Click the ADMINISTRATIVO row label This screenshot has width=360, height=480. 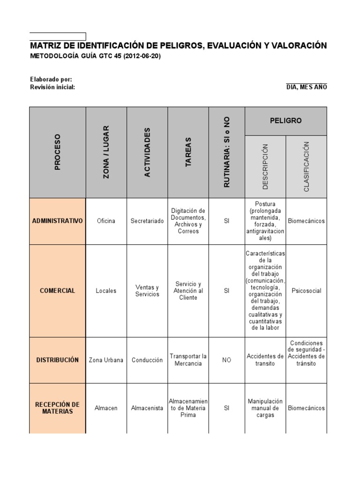(x=58, y=221)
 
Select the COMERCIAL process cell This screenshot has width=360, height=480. (x=58, y=291)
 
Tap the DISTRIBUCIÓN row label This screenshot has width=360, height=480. (x=58, y=360)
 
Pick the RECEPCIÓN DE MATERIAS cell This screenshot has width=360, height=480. (x=58, y=408)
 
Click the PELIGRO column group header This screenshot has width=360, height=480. (x=286, y=120)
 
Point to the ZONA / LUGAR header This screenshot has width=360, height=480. (x=106, y=152)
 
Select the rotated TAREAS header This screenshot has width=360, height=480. (x=188, y=152)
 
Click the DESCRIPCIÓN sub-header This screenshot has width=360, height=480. (x=265, y=166)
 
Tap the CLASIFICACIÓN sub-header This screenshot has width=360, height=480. (x=307, y=166)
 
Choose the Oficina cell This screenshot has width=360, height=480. (x=106, y=221)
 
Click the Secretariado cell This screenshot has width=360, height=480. (x=147, y=221)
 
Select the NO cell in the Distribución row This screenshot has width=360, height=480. (x=226, y=360)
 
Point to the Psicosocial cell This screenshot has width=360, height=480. (x=307, y=291)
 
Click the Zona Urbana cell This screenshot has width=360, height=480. (x=106, y=360)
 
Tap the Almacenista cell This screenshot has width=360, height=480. (x=147, y=408)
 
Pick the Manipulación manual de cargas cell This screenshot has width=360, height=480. (x=265, y=408)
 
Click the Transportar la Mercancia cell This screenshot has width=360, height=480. (x=188, y=360)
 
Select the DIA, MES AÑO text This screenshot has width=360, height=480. (x=307, y=87)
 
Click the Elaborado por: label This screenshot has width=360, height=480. (x=51, y=80)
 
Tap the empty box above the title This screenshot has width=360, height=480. (x=58, y=37)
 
